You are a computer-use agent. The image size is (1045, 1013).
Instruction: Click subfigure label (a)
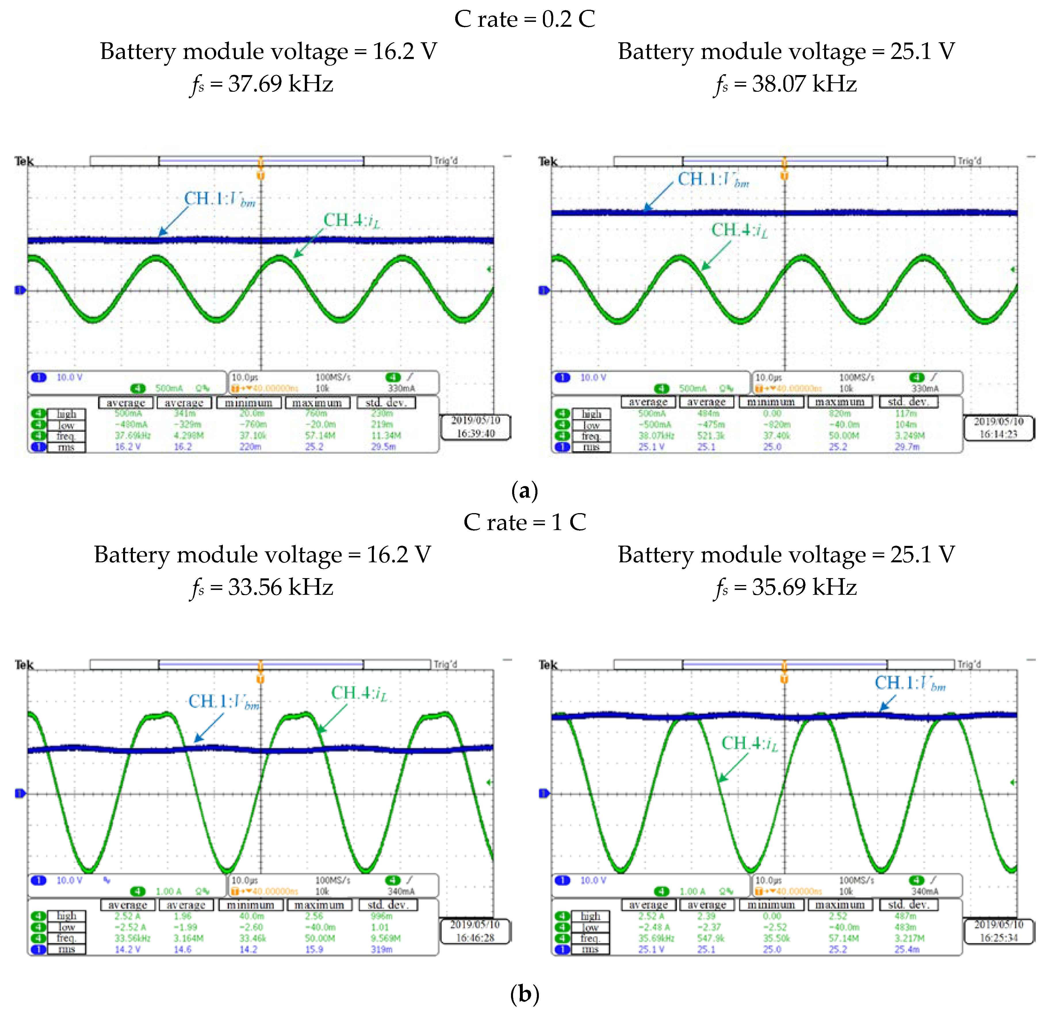click(524, 490)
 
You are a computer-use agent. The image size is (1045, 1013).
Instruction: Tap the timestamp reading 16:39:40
click(476, 433)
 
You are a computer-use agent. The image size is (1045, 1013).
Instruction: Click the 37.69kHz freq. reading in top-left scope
click(133, 435)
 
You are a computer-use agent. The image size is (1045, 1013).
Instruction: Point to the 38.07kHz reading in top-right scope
click(656, 435)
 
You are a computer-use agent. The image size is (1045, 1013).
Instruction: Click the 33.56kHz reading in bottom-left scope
click(133, 938)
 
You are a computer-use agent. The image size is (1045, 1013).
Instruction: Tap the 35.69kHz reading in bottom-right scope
click(656, 938)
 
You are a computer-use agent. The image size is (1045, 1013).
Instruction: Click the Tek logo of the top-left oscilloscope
click(24, 161)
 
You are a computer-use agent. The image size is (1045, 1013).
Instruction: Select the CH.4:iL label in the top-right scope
click(740, 230)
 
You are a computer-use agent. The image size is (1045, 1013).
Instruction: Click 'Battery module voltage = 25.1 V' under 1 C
click(786, 555)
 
